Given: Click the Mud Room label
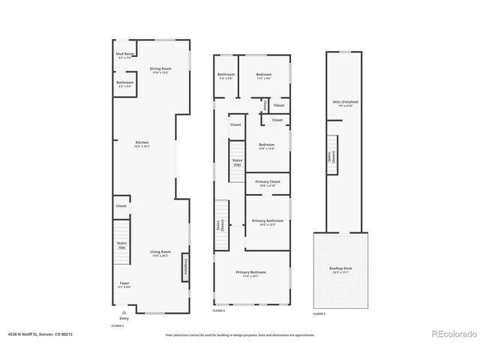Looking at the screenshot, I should (124, 55).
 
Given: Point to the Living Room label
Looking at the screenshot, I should (160, 253).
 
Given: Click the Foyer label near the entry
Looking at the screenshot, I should (124, 285).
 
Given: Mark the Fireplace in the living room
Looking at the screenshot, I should (184, 268).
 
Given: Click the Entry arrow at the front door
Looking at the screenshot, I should (124, 312).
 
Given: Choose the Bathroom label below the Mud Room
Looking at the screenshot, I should (124, 84).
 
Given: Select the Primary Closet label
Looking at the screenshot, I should (267, 183).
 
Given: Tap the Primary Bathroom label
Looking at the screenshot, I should (267, 222).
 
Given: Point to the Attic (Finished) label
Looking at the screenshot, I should (346, 103).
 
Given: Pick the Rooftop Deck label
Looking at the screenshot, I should (340, 271).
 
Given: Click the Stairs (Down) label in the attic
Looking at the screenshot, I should (331, 157).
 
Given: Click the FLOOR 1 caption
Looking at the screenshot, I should (117, 326).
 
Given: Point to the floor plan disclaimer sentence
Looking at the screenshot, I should (240, 335).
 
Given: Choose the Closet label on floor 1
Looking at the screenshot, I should (121, 205).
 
